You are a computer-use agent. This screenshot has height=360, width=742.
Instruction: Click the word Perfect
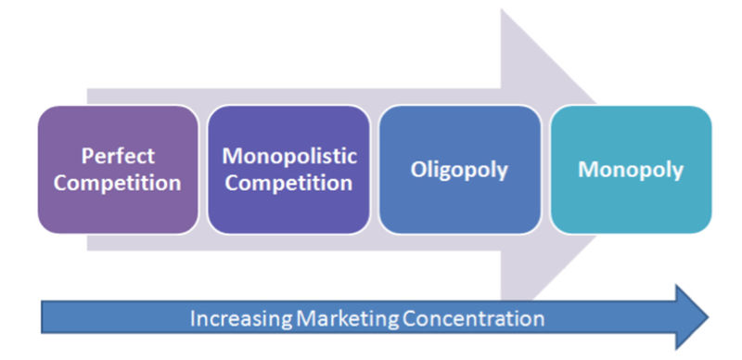(117, 156)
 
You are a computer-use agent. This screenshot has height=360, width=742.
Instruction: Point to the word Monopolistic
(288, 156)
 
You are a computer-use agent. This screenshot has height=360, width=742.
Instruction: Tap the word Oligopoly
(460, 170)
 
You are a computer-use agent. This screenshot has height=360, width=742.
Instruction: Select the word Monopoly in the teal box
(631, 170)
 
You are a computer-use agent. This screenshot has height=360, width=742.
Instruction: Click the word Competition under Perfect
(117, 182)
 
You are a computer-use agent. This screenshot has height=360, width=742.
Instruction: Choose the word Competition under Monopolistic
(288, 182)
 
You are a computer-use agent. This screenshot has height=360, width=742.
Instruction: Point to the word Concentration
(473, 319)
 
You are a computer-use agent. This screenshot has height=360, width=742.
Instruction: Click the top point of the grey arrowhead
(502, 9)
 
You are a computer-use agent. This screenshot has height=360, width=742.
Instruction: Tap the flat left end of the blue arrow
(43, 317)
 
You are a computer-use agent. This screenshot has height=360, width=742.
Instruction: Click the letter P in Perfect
(85, 156)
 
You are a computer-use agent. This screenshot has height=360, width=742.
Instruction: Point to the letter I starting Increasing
(192, 319)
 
